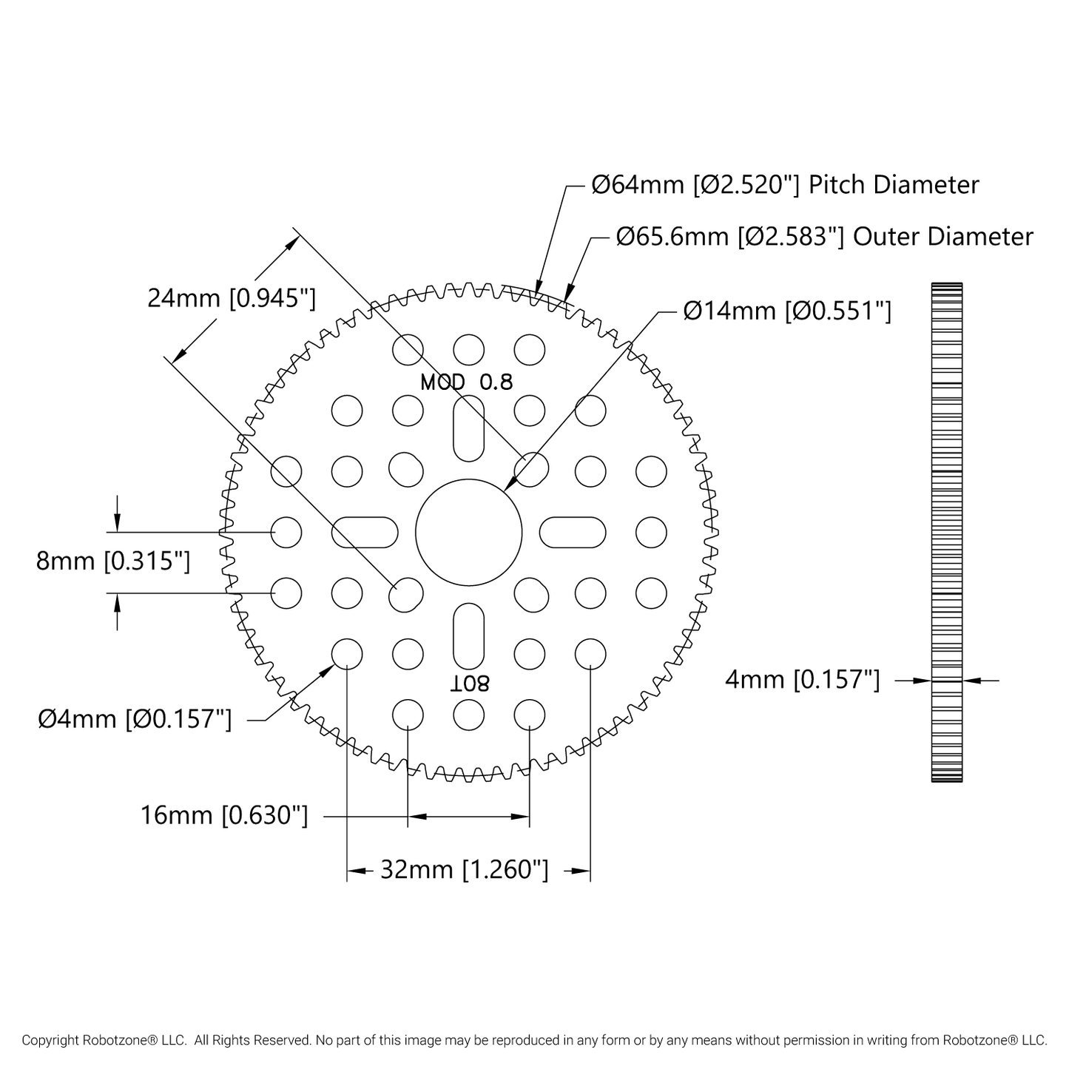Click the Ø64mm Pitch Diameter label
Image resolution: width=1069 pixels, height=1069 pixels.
pyautogui.click(x=785, y=185)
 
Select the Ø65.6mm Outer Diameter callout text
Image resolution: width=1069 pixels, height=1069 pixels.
pyautogui.click(x=825, y=237)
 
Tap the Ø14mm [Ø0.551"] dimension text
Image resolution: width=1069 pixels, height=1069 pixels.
pyautogui.click(x=787, y=311)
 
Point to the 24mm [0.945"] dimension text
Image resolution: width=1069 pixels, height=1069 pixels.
pyautogui.click(x=232, y=298)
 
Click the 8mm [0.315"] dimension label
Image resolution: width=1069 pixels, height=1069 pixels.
pyautogui.click(x=113, y=562)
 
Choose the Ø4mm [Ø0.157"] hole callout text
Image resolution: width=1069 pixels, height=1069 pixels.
pyautogui.click(x=135, y=720)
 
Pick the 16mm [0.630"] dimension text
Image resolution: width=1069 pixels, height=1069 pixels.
pyautogui.click(x=224, y=815)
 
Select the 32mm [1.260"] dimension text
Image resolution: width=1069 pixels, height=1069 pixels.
pyautogui.click(x=465, y=869)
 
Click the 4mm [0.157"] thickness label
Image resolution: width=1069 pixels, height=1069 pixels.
pyautogui.click(x=803, y=680)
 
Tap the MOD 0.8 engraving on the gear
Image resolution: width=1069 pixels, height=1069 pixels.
pyautogui.click(x=467, y=382)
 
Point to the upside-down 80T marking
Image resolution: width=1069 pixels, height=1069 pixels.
pyautogui.click(x=469, y=684)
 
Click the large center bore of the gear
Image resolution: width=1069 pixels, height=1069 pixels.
pyautogui.click(x=469, y=533)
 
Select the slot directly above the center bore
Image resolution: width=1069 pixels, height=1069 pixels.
pyautogui.click(x=469, y=428)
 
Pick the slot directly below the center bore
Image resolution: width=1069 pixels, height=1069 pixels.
pyautogui.click(x=469, y=636)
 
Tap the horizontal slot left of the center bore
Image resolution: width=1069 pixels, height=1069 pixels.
pyautogui.click(x=365, y=533)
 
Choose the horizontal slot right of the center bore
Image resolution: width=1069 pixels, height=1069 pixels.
pyautogui.click(x=573, y=533)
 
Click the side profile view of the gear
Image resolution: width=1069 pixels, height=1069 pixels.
pyautogui.click(x=947, y=533)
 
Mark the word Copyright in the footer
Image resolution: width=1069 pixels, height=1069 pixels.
pyautogui.click(x=50, y=1039)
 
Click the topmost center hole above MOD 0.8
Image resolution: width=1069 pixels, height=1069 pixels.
pyautogui.click(x=469, y=350)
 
